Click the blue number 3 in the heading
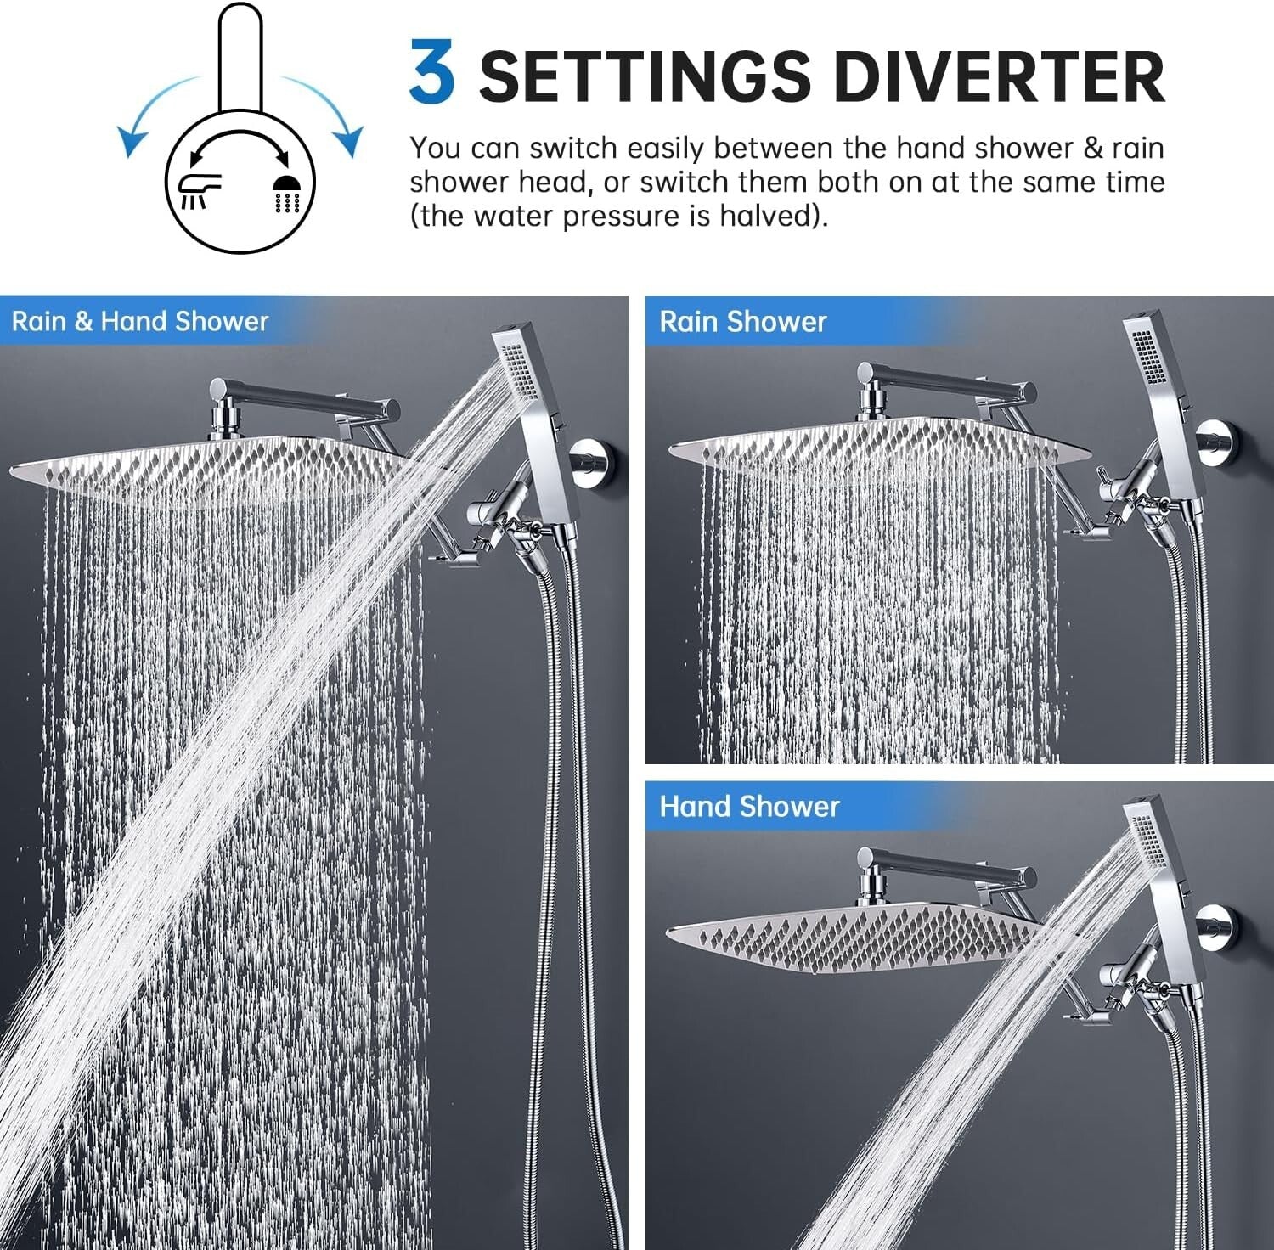(431, 73)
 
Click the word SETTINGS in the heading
(645, 76)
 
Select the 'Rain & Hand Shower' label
(140, 321)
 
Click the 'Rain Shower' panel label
(742, 322)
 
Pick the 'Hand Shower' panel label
(749, 806)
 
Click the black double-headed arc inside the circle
(240, 141)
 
